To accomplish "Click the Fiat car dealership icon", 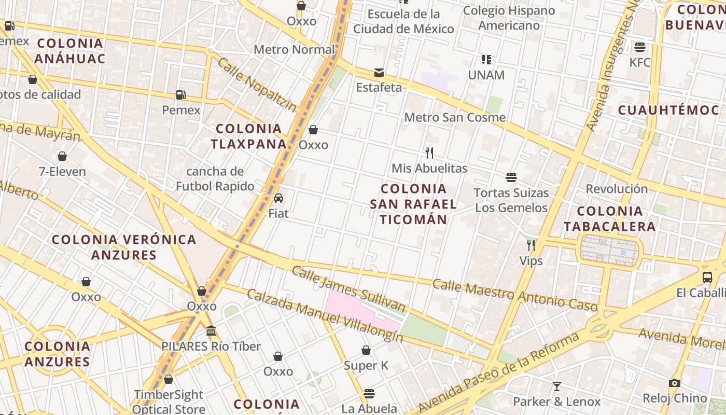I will pos(278,198).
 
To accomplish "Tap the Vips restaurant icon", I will pos(531,245).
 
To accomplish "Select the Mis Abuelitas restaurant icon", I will pos(429,153).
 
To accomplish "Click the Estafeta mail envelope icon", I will pos(379,72).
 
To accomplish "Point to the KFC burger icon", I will pos(639,47).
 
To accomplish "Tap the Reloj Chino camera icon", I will pos(674,383).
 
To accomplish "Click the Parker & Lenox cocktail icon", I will pos(556,386).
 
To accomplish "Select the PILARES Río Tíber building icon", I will pos(211,330).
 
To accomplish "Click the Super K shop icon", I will pos(366,350).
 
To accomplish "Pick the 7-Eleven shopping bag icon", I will pos(62,156).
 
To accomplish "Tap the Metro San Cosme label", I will pos(454,117).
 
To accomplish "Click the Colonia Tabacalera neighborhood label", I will pos(610,219).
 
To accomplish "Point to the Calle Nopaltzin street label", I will pos(257,85).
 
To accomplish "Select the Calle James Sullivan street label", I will pos(348,288).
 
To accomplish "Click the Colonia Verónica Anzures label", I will pos(124,247).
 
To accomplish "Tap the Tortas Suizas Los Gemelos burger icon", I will pos(511,177).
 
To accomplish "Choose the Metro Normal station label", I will pos(294,50).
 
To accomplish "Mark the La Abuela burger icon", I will pos(369,393).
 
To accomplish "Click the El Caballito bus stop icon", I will pos(707,277).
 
